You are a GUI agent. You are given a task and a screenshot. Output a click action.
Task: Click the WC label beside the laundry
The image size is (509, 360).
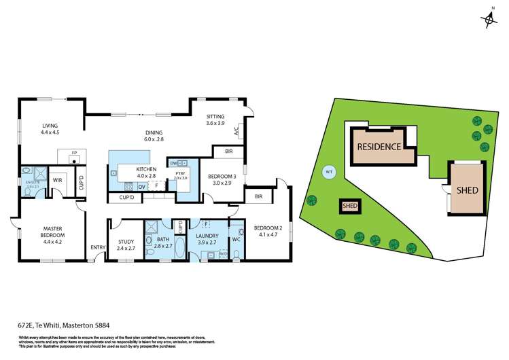236,238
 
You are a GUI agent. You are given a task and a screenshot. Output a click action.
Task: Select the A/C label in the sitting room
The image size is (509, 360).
236,130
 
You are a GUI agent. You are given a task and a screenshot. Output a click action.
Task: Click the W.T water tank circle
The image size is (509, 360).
329,171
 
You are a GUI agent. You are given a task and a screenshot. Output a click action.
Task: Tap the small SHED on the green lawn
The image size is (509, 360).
349,206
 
